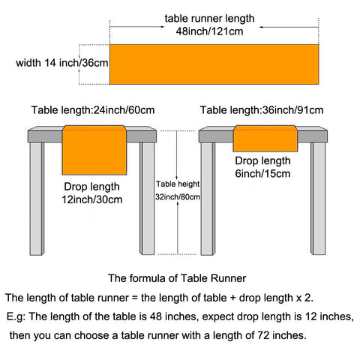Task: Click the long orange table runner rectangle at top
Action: (214, 64)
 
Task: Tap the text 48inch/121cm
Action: (209, 31)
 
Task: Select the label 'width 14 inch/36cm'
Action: (62, 63)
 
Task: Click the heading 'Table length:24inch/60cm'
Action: (93, 110)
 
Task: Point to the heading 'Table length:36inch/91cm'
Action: (262, 110)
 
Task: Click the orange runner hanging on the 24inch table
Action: (94, 150)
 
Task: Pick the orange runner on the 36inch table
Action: (265, 139)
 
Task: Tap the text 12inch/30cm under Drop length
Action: (92, 199)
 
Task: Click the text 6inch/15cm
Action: (262, 174)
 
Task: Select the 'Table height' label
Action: (178, 184)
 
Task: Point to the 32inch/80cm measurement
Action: (178, 197)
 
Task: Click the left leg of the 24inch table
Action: (37, 199)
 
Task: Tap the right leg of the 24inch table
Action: (147, 199)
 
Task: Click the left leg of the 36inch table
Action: (208, 199)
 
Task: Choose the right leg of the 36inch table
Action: (318, 199)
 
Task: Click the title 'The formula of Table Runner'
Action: (177, 278)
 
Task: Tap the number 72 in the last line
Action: (263, 335)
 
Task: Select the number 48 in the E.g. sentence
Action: (156, 316)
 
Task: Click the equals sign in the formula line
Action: (135, 298)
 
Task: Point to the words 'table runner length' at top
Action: (209, 19)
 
